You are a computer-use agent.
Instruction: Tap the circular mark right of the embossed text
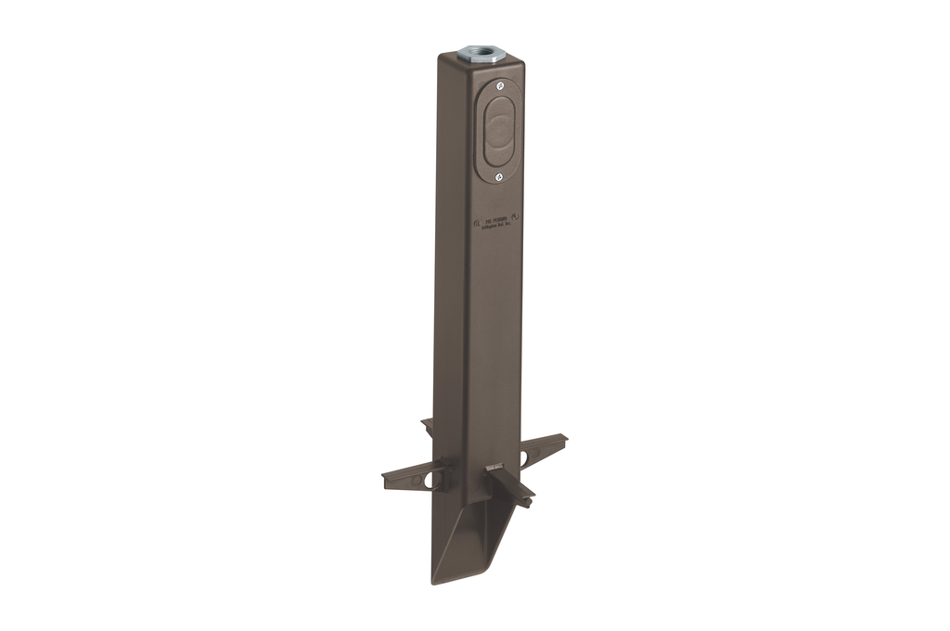(517, 218)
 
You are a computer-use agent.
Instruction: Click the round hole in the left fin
(429, 480)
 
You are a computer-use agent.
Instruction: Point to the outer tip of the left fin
(386, 482)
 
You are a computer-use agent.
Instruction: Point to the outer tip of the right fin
(563, 439)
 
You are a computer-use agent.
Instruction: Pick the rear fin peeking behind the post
(428, 425)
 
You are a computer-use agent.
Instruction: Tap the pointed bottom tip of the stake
(436, 581)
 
